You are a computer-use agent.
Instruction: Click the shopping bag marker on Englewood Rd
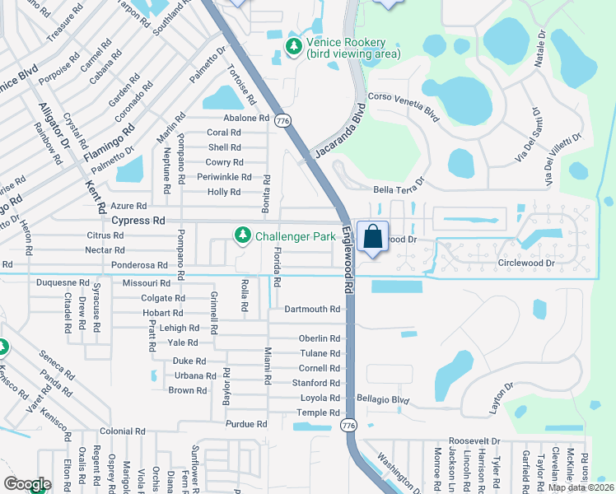[x=372, y=237]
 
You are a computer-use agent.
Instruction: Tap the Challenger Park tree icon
[x=243, y=236]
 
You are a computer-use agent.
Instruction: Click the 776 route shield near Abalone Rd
[x=283, y=121]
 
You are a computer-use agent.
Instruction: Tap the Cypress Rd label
[x=138, y=221]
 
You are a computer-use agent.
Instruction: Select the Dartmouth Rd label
[x=312, y=309]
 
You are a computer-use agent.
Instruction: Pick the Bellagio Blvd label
[x=383, y=399]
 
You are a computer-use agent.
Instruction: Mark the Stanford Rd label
[x=316, y=383]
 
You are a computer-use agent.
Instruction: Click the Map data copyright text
[x=581, y=487]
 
